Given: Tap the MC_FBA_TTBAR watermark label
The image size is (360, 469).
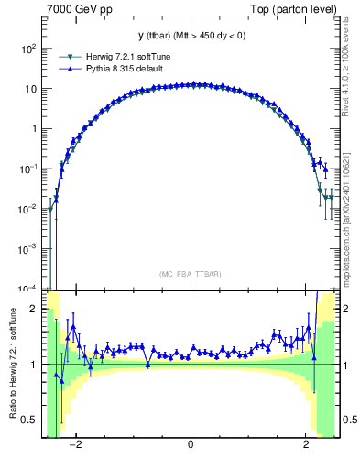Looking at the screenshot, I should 190,274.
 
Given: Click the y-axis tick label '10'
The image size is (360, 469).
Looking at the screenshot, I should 32,89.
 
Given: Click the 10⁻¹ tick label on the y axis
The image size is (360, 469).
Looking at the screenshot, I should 29,169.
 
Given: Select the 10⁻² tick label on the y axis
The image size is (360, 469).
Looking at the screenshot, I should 29,209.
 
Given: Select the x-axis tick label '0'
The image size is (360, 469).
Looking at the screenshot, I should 190,445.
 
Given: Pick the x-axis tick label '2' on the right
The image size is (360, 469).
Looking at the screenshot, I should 306,445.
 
